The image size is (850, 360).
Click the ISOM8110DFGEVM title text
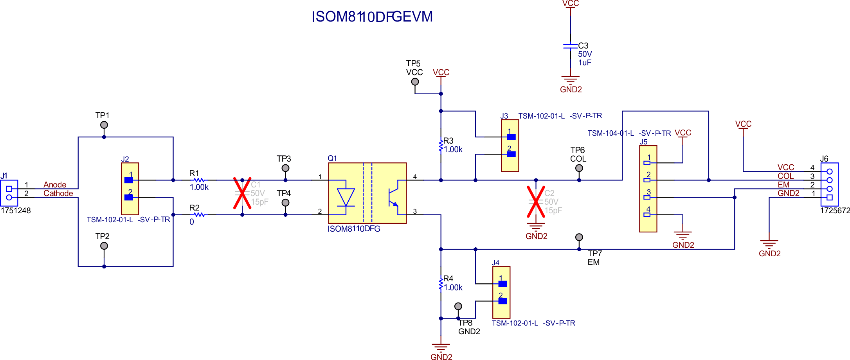(x=372, y=17)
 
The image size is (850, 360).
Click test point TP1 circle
(x=104, y=125)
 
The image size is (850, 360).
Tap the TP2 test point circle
(x=104, y=246)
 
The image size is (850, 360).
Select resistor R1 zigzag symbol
(x=199, y=180)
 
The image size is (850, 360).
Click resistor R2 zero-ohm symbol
(x=199, y=214)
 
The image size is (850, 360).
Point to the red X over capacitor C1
(x=242, y=193)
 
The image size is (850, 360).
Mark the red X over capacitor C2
(x=536, y=202)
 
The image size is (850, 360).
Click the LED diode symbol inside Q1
(x=346, y=197)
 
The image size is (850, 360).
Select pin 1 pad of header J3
(x=511, y=137)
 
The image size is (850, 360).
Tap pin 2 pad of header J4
(x=502, y=301)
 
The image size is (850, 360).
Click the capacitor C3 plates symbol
(x=570, y=46)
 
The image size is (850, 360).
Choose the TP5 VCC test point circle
(x=415, y=82)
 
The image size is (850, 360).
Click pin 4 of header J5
(x=647, y=214)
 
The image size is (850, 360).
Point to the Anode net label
(x=55, y=185)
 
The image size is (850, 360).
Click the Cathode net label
(x=58, y=193)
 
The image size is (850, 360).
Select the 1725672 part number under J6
(x=835, y=211)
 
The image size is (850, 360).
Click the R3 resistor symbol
(x=441, y=146)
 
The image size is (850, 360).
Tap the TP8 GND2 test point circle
(x=458, y=306)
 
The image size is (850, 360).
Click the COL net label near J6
(x=785, y=176)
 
